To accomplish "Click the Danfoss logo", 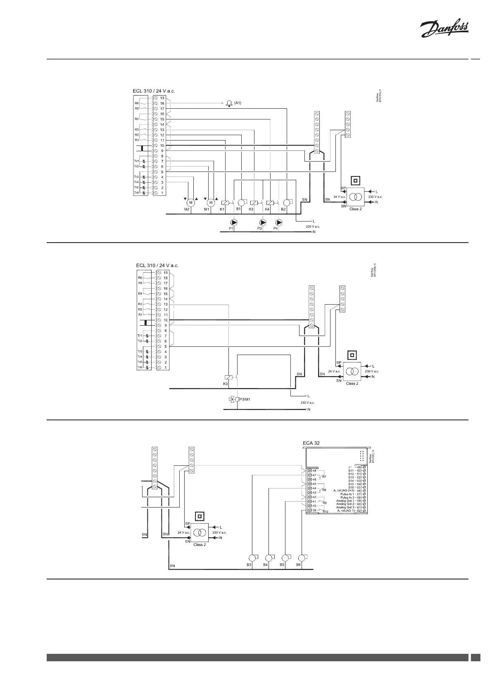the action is coord(444,30).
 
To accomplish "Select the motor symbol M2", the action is coord(190,203).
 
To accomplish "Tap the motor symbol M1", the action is coord(211,203).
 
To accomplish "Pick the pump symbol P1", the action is coord(234,223).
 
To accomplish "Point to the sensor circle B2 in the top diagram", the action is coord(287,203).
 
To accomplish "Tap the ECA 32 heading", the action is coord(311,443).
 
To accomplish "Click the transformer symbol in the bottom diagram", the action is coord(200,533).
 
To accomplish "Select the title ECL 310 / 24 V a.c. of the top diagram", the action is coord(155,91).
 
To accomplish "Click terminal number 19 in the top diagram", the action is coord(162,98).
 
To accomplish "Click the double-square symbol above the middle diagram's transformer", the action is coord(352,355).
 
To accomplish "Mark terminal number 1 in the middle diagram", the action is coord(165,367).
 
